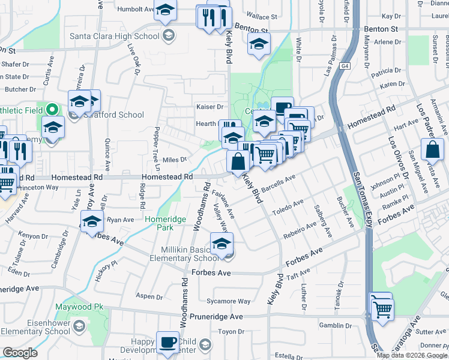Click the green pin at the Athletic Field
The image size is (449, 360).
(52, 110)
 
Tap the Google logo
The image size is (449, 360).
(20, 353)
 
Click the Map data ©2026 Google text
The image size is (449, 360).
(412, 355)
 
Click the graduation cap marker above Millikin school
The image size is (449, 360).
(221, 243)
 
